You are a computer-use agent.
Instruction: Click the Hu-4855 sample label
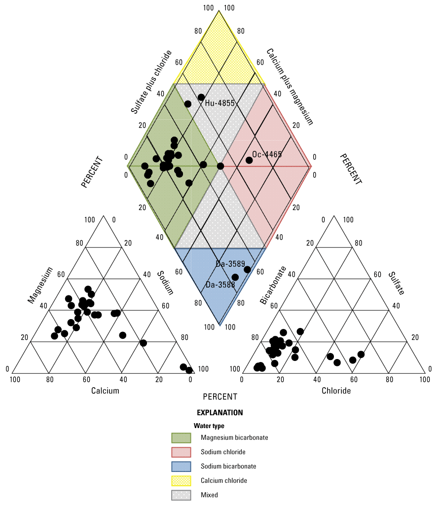[x=220, y=103]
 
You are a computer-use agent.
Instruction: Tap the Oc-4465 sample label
[x=267, y=154]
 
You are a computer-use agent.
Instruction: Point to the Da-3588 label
[x=220, y=285]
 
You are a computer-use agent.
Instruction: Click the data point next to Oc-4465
[x=249, y=160]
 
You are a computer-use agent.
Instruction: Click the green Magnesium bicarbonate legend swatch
[x=181, y=437]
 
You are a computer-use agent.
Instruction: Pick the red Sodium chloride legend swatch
[x=181, y=452]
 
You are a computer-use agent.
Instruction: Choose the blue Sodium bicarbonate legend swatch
[x=181, y=466]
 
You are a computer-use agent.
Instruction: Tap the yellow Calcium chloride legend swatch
[x=181, y=480]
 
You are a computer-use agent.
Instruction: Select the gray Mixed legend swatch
[x=181, y=495]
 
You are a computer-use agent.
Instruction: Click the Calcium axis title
[x=105, y=391]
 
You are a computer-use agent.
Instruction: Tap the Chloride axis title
[x=336, y=391]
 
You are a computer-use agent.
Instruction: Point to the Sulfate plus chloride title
[x=151, y=82]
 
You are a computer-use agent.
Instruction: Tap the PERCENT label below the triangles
[x=220, y=397]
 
